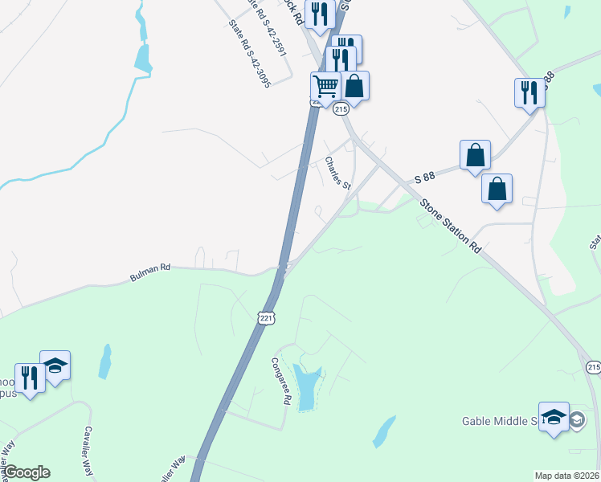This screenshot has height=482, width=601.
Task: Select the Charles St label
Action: tap(338, 173)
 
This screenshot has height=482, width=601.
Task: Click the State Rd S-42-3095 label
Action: tap(248, 54)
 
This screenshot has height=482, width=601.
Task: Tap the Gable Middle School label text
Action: tap(497, 421)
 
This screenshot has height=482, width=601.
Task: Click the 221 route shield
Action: tap(268, 318)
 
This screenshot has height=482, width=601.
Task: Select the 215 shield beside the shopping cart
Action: tap(340, 108)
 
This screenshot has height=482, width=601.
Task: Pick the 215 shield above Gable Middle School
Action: tap(593, 367)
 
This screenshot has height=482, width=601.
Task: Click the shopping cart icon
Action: tap(325, 85)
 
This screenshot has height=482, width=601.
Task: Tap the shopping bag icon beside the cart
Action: tap(354, 84)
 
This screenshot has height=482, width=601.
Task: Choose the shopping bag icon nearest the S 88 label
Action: tap(475, 154)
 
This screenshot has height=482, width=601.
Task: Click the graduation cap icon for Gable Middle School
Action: tap(554, 416)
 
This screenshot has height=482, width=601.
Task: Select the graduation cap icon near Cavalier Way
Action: tap(55, 365)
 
